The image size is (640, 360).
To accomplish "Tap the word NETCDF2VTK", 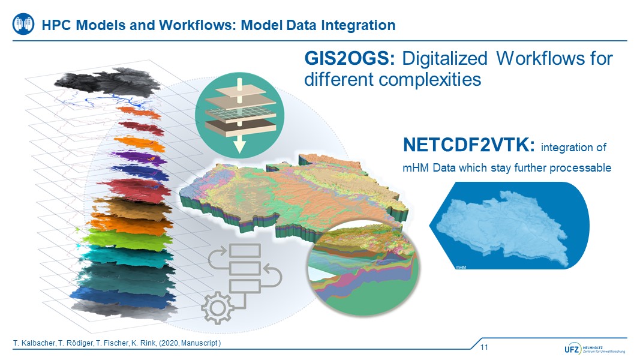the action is coord(468,145).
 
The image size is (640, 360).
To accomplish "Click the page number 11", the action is coord(484,347).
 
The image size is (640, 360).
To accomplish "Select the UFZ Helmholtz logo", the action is coord(594,349).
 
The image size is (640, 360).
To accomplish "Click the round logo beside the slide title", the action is coord(23,24).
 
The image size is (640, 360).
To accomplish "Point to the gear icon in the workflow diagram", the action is coord(218,308).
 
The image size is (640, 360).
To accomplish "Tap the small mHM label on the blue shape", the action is coord(461,268).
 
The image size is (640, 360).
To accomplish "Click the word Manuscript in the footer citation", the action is coord(199,343).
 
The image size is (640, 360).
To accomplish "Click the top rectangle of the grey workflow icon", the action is coord(245,250).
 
